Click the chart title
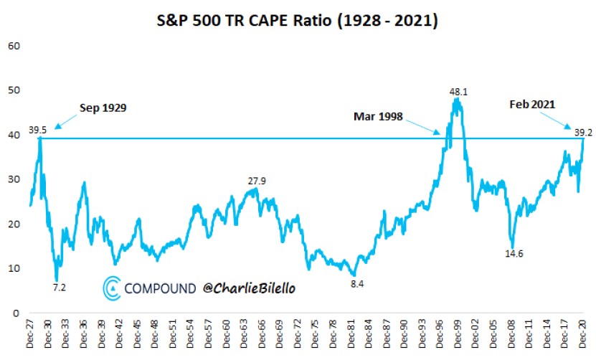tap(298, 22)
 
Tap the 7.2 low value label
tap(60, 287)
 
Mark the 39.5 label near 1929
tap(37, 130)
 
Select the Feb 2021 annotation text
tap(533, 104)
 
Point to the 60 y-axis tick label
tap(12, 46)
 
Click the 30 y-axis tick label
tap(12, 179)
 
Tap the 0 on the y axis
tap(14, 313)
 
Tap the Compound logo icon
tap(112, 287)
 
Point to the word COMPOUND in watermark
tap(160, 288)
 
